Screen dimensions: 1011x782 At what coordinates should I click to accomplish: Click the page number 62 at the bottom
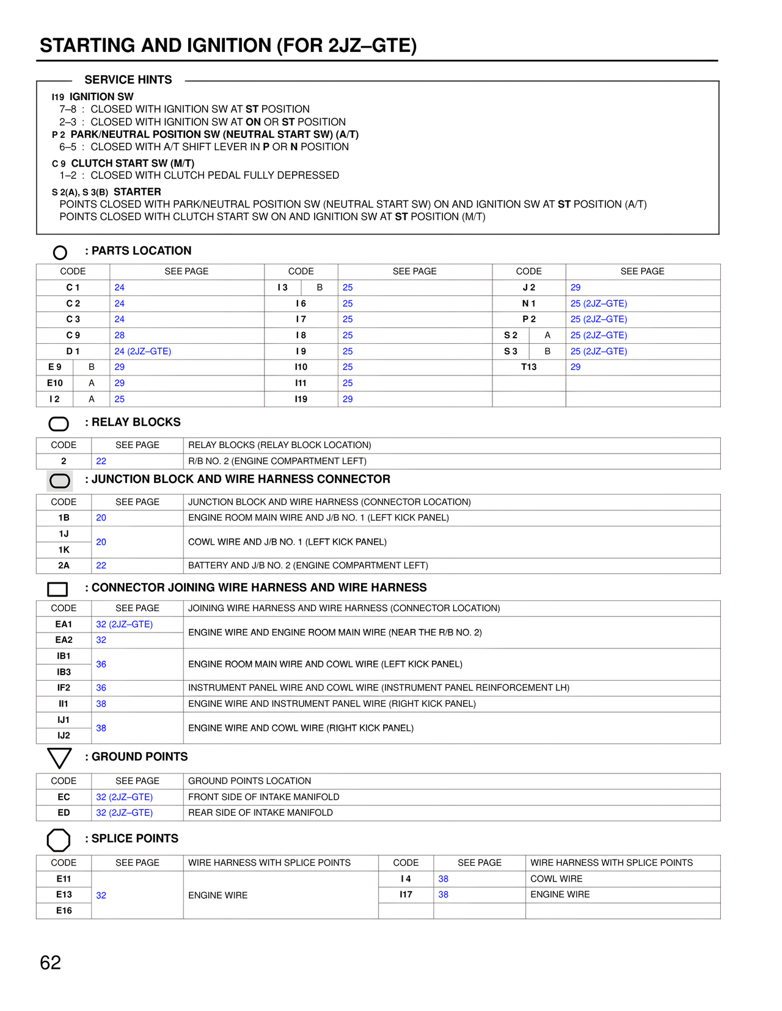tap(50, 963)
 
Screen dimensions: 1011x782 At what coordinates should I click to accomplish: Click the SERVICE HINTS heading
tap(128, 80)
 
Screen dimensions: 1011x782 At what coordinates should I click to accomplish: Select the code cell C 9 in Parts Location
tap(73, 335)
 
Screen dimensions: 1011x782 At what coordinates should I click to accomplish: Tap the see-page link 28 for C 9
tap(120, 335)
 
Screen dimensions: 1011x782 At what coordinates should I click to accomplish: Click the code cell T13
tap(528, 367)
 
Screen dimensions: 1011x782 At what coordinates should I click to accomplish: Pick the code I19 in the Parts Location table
tap(301, 399)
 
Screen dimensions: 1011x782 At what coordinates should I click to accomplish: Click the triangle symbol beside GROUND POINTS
tap(59, 758)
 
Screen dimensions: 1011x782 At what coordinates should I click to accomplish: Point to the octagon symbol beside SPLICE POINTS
tap(59, 840)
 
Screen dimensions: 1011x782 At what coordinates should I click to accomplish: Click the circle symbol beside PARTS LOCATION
tap(60, 252)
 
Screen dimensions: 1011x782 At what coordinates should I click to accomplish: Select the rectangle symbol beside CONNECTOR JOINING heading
tap(57, 589)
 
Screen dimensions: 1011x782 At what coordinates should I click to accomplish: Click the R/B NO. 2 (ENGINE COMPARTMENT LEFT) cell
tap(277, 461)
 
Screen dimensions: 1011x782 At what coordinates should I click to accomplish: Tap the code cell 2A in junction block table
tap(64, 565)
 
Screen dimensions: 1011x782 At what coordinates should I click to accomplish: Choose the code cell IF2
tap(64, 687)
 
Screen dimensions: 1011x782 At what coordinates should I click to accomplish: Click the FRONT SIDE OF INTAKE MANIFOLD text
tap(263, 797)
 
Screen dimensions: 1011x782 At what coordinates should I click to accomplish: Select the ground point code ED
tap(64, 813)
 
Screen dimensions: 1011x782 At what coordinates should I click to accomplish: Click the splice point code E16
tap(64, 910)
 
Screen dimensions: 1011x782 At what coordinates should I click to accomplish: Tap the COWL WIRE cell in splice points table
tap(556, 879)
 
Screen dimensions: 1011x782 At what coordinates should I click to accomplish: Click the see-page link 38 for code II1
tap(101, 703)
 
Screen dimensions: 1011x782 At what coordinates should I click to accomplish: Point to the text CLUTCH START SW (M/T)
tap(133, 163)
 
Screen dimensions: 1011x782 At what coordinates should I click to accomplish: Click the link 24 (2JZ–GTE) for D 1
tap(143, 351)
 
